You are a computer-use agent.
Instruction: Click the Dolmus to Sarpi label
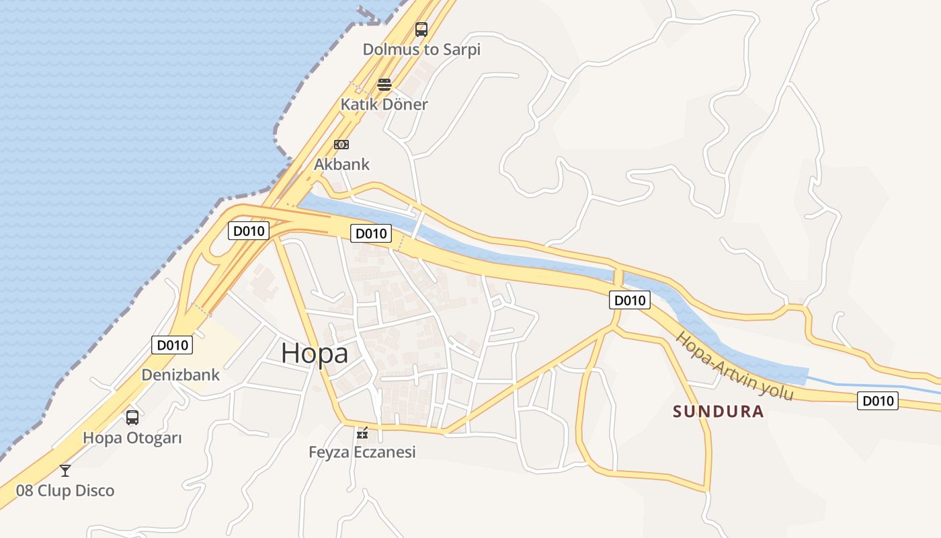(x=421, y=49)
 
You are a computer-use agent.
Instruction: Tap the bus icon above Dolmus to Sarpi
(x=421, y=30)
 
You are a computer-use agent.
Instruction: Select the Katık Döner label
(x=384, y=104)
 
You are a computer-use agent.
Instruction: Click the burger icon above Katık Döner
(x=384, y=85)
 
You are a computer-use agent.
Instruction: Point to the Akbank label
(x=341, y=164)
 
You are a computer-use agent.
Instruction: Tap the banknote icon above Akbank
(x=341, y=145)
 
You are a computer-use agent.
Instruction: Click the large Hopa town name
(x=315, y=353)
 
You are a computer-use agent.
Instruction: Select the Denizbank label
(x=180, y=375)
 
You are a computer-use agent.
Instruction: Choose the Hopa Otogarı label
(x=132, y=438)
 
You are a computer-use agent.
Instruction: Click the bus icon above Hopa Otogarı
(x=132, y=418)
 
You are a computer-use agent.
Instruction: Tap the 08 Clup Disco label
(x=65, y=491)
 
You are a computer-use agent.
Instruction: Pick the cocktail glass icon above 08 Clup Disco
(x=65, y=470)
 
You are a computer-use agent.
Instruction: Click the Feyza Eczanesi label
(x=362, y=452)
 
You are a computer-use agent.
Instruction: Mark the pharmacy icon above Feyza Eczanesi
(x=363, y=432)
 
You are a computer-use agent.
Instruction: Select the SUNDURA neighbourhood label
(x=719, y=412)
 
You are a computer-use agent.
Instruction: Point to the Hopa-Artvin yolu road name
(x=735, y=367)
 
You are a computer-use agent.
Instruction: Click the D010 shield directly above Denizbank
(x=172, y=346)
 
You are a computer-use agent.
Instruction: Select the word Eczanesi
(x=385, y=452)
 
